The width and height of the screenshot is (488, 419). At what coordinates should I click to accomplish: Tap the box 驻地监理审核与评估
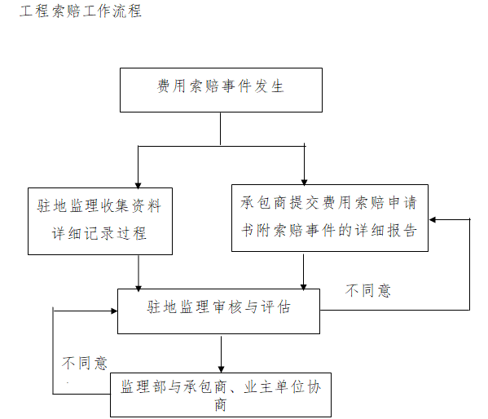(x=219, y=309)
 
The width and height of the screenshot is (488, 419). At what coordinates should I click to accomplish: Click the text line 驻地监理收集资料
(x=99, y=206)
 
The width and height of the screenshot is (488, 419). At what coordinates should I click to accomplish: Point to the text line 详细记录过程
(x=99, y=234)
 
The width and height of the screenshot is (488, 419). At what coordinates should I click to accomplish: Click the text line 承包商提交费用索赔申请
(x=329, y=202)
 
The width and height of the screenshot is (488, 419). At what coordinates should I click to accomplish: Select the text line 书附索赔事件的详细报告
(x=329, y=230)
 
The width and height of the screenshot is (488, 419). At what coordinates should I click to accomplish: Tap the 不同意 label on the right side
(x=368, y=290)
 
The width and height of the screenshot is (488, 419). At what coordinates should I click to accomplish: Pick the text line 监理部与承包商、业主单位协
(x=220, y=386)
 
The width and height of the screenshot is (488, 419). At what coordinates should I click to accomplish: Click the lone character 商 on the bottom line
(x=221, y=404)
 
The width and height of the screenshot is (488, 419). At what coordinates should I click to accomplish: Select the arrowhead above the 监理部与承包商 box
(x=221, y=368)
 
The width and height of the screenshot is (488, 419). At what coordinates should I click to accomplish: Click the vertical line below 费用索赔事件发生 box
(x=221, y=128)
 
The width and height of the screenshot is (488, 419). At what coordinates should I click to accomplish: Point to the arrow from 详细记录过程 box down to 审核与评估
(x=138, y=271)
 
